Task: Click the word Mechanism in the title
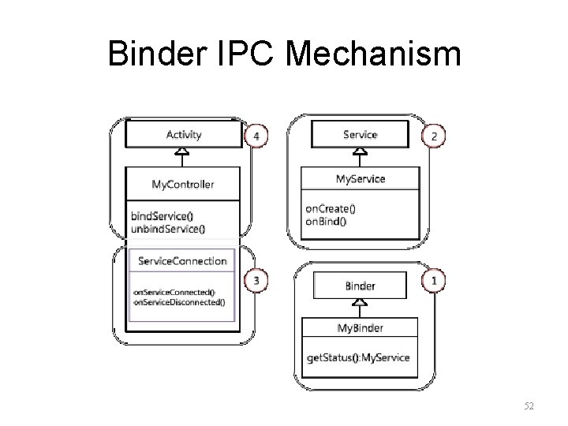coord(375,54)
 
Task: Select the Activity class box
coord(184,135)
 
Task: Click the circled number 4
coord(255,136)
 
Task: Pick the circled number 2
coord(434,136)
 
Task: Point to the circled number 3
coord(255,279)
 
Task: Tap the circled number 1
coord(434,279)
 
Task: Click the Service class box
coord(361,135)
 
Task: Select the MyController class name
coord(183,185)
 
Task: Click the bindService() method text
coord(163,216)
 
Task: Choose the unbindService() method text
coord(168,230)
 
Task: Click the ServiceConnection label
coord(182,260)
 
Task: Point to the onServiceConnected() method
coord(174,292)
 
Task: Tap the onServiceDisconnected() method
coord(179,301)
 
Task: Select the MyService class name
coord(361,179)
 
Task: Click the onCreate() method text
coord(331,209)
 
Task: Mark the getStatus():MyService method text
coord(358,357)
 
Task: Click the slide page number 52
coord(529,405)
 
